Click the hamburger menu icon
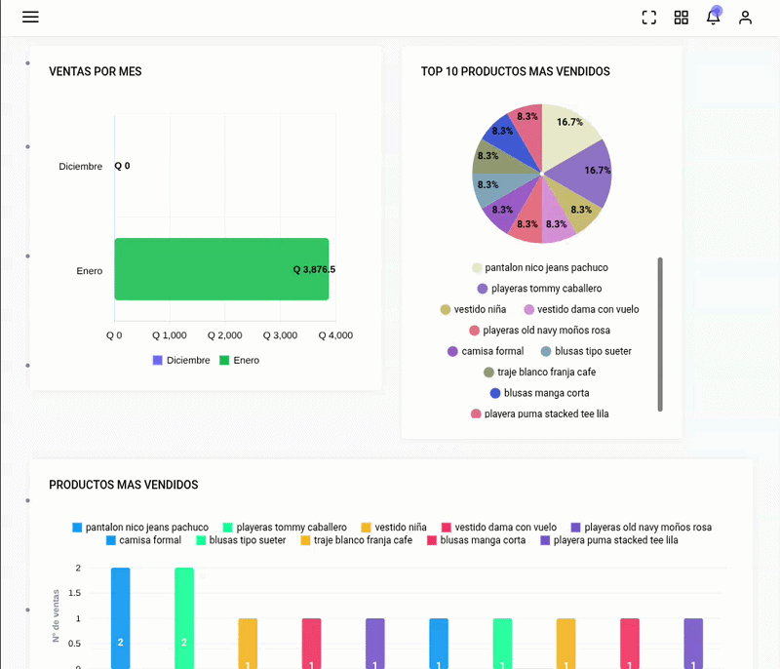click(x=30, y=17)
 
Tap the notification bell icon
click(x=714, y=17)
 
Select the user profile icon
click(x=745, y=18)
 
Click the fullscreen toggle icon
click(x=649, y=18)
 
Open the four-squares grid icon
click(x=682, y=18)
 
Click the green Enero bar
click(x=221, y=269)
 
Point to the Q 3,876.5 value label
click(x=314, y=269)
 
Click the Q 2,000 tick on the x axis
click(x=225, y=335)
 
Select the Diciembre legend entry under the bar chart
click(x=181, y=360)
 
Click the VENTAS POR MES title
click(x=95, y=71)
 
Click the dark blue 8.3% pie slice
click(x=510, y=137)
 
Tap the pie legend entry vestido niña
click(x=473, y=309)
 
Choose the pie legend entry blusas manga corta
click(x=540, y=393)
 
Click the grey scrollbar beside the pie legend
click(x=660, y=334)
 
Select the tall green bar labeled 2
click(x=184, y=617)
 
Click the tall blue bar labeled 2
click(x=120, y=617)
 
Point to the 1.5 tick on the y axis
click(x=74, y=593)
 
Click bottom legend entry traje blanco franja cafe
click(x=356, y=540)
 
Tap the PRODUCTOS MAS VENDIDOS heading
click(x=124, y=485)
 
